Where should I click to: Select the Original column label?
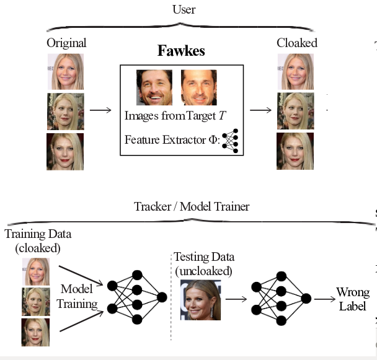(66, 43)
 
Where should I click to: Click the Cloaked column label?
(296, 43)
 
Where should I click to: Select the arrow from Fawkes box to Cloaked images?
(260, 110)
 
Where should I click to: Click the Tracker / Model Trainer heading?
(192, 206)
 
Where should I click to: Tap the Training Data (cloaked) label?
(38, 240)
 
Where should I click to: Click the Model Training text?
(78, 296)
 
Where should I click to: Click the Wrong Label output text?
(352, 299)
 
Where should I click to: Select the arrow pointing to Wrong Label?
(324, 299)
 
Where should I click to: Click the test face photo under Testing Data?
(200, 299)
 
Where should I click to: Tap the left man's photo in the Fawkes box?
(154, 87)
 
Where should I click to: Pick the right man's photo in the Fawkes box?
(198, 87)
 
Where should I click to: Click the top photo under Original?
(65, 71)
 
